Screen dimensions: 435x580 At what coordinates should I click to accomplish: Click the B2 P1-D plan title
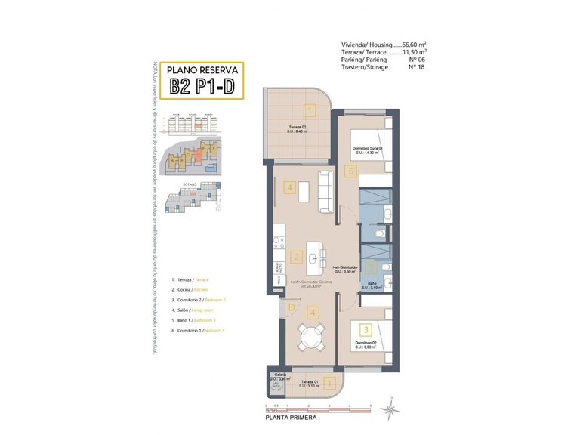(x=202, y=85)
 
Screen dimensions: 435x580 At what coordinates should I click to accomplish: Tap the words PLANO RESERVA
(x=202, y=67)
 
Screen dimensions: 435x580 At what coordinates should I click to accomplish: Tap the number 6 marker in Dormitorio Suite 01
(x=352, y=171)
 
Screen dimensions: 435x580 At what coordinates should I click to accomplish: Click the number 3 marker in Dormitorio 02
(x=365, y=329)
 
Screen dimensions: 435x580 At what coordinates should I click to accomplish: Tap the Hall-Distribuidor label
(x=345, y=267)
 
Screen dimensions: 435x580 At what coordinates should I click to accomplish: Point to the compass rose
(x=390, y=410)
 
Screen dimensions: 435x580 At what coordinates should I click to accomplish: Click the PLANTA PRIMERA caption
(x=286, y=417)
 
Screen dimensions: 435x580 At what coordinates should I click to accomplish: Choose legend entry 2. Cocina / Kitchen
(x=190, y=289)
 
